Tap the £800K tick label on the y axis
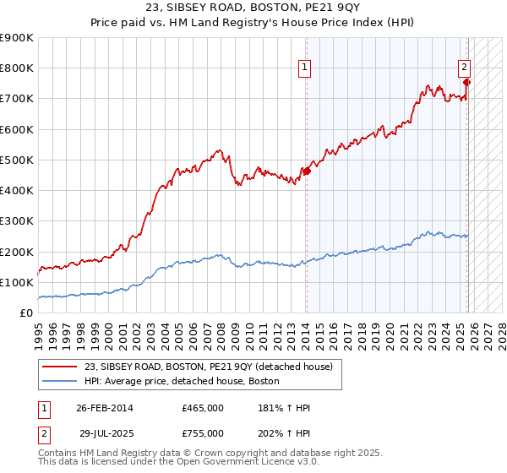coord(17,68)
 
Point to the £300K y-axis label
coord(17,221)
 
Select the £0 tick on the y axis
coord(26,313)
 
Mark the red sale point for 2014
coord(307,171)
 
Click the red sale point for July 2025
coord(467,82)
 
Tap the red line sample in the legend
coord(61,367)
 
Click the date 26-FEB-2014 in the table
coord(104,408)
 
